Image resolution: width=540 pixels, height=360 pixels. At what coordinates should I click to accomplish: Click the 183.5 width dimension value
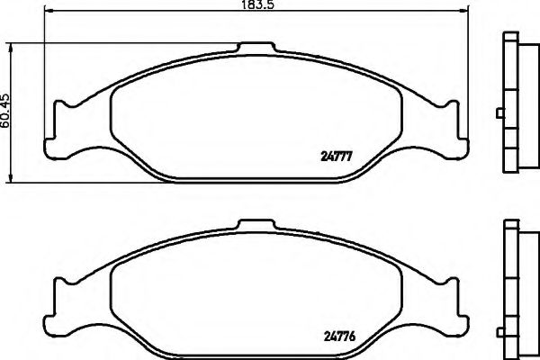(256, 4)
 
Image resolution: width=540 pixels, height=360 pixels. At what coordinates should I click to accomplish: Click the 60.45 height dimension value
(6, 111)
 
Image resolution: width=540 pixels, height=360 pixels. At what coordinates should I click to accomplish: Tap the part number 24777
(336, 157)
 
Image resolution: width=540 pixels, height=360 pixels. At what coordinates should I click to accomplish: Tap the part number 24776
(339, 336)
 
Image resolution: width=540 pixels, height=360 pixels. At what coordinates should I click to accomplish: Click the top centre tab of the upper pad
(256, 48)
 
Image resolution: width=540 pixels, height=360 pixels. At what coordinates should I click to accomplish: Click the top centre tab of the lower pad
(256, 225)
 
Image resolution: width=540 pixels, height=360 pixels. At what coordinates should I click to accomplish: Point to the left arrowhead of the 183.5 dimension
(49, 11)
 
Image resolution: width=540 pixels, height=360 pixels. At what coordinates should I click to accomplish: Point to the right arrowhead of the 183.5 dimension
(465, 11)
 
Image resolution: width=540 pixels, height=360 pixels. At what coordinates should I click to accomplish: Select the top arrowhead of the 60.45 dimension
(12, 48)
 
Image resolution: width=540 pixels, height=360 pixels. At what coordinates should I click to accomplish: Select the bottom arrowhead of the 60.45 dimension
(12, 178)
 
